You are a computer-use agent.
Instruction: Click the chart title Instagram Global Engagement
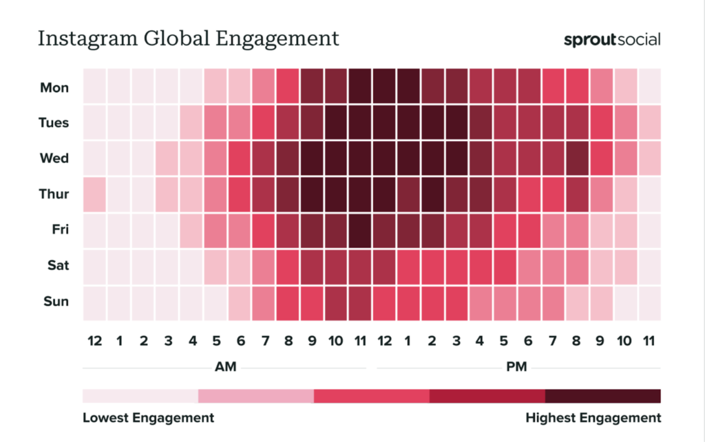click(x=188, y=38)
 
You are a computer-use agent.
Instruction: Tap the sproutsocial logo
click(x=611, y=39)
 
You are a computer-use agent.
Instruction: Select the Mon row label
click(x=54, y=87)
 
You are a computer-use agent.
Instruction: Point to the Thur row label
click(x=54, y=194)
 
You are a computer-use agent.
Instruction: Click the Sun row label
click(x=56, y=301)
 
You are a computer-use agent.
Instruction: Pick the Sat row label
click(x=58, y=265)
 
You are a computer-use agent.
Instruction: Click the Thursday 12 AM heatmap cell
click(x=94, y=195)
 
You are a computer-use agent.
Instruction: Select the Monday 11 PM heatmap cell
click(x=649, y=87)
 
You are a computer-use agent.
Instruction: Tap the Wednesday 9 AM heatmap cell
click(x=311, y=159)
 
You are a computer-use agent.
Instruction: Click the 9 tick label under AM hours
click(x=311, y=341)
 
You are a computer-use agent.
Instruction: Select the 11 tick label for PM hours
click(x=649, y=341)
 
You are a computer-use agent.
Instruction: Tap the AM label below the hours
click(x=225, y=367)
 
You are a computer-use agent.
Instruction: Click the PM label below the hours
click(x=516, y=367)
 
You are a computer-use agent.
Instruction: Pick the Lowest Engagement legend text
click(x=148, y=418)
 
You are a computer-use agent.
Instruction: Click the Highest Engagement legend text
click(x=593, y=418)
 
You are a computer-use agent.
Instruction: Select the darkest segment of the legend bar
click(x=602, y=396)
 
